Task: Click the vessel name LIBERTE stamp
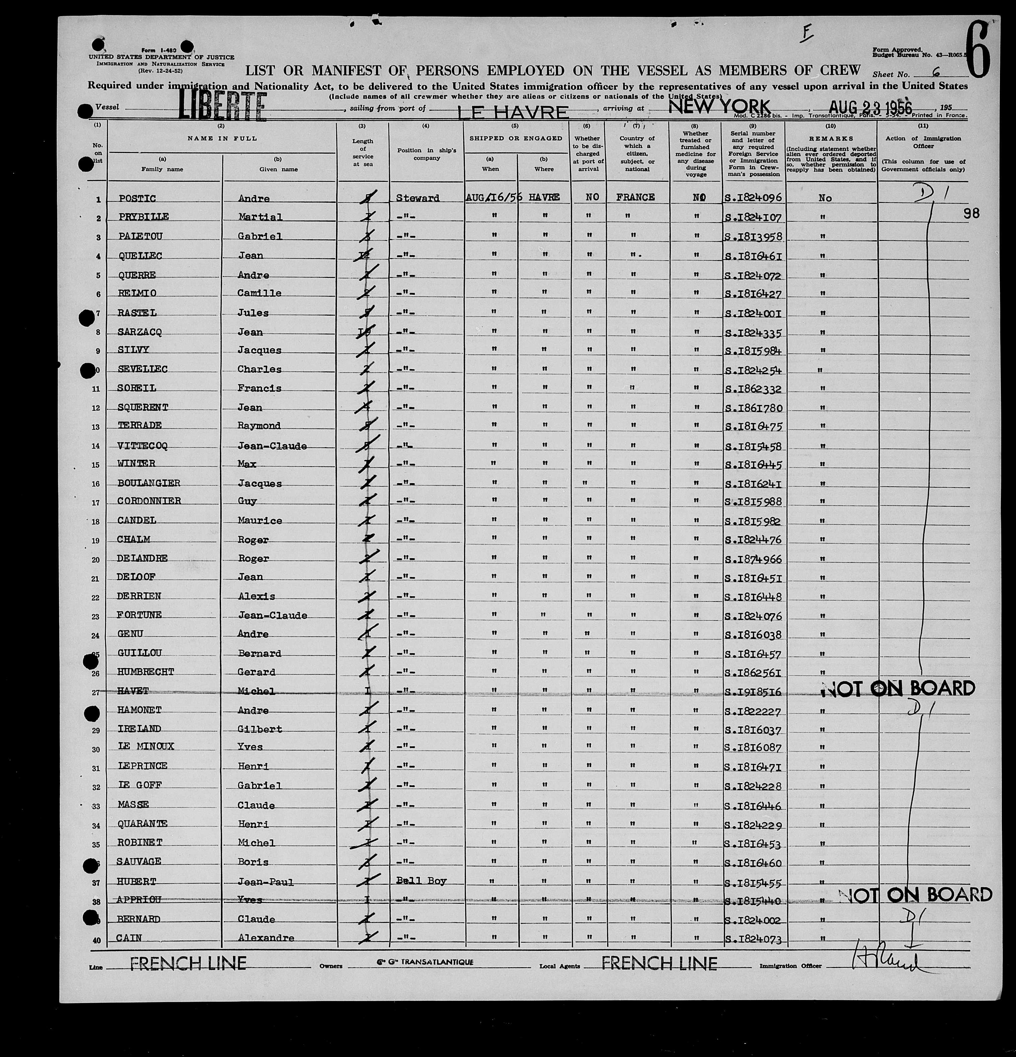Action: click(222, 106)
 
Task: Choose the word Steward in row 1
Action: click(417, 198)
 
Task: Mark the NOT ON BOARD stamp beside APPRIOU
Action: click(916, 895)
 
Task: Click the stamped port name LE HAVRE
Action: click(513, 112)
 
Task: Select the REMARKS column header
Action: click(830, 139)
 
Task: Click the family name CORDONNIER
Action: click(149, 500)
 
